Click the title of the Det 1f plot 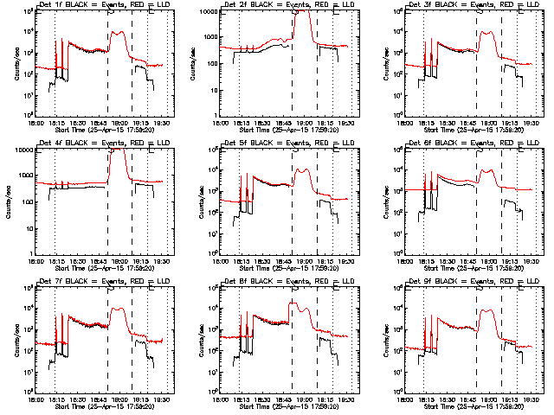pyautogui.click(x=100, y=5)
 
